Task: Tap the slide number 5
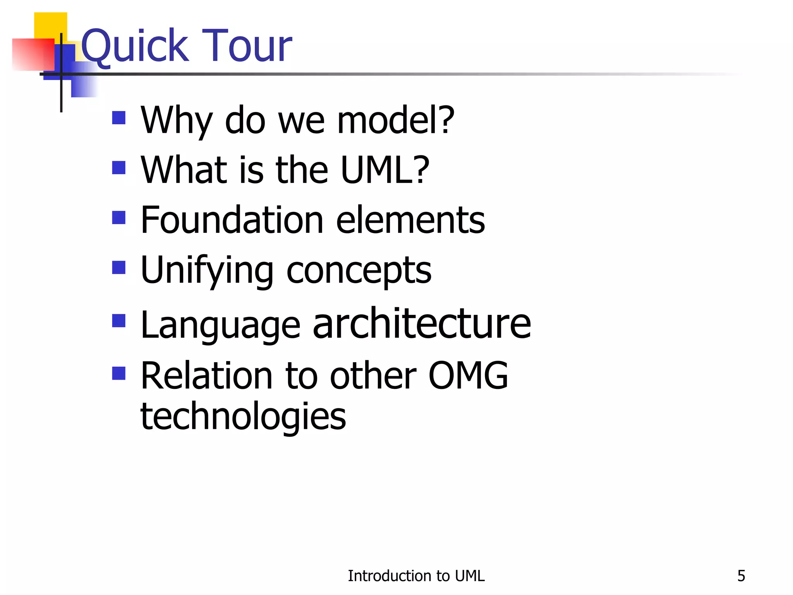741,576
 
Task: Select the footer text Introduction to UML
416,576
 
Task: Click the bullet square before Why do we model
119,118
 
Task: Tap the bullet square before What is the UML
119,168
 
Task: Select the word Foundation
232,220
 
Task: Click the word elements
410,220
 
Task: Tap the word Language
220,325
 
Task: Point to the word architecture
422,323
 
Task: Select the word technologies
243,417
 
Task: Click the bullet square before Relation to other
119,373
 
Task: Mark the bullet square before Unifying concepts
119,267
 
